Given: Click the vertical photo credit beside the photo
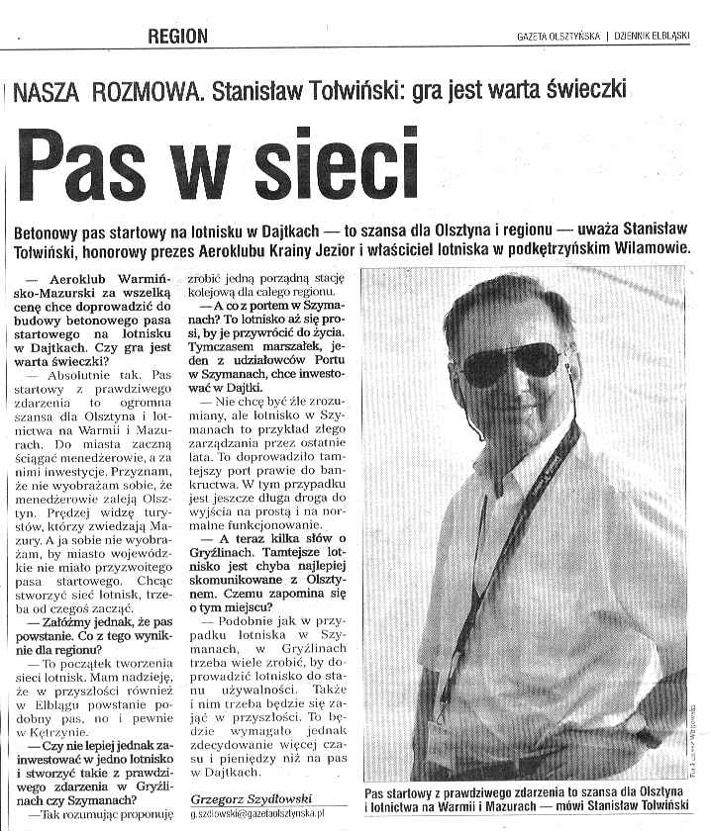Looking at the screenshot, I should point(696,727).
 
